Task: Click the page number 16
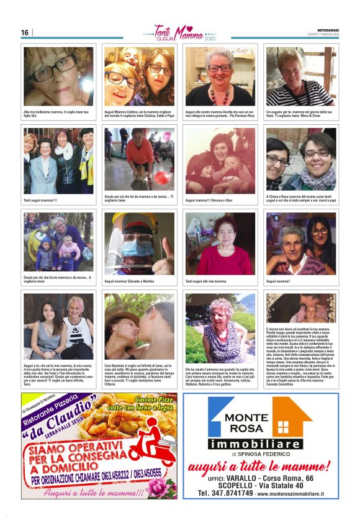tap(25, 32)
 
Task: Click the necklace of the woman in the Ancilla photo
tap(217, 94)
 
